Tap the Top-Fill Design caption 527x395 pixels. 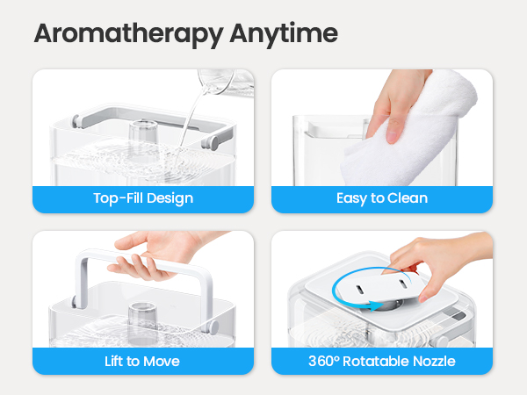tap(143, 198)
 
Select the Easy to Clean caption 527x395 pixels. tap(382, 198)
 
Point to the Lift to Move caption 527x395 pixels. tap(143, 360)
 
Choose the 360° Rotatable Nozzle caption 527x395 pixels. tap(382, 360)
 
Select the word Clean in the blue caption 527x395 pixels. tap(408, 198)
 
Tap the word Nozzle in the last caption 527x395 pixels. tap(435, 360)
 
